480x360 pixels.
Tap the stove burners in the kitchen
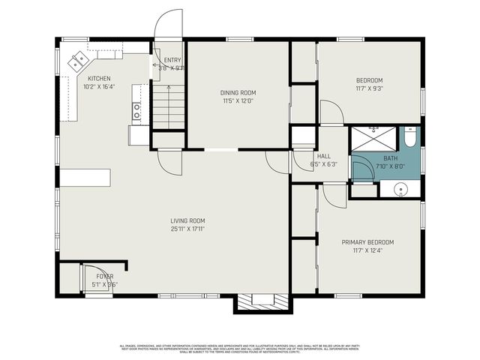pyautogui.click(x=136, y=112)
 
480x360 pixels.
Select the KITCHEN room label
pyautogui.click(x=100, y=79)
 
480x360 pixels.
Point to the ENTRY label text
pyautogui.click(x=172, y=60)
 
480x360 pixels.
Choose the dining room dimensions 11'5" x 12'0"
pyautogui.click(x=237, y=100)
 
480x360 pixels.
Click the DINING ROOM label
pyautogui.click(x=237, y=92)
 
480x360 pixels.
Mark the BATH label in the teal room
pyautogui.click(x=391, y=158)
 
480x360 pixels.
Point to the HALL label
pyautogui.click(x=324, y=156)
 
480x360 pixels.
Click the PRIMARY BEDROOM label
pyautogui.click(x=367, y=242)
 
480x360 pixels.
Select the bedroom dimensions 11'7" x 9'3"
pyautogui.click(x=368, y=88)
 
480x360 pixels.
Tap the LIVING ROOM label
pyautogui.click(x=187, y=220)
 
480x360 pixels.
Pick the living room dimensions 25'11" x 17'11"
pyautogui.click(x=187, y=229)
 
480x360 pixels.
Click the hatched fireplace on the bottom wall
pyautogui.click(x=262, y=303)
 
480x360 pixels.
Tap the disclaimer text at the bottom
pyautogui.click(x=240, y=348)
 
